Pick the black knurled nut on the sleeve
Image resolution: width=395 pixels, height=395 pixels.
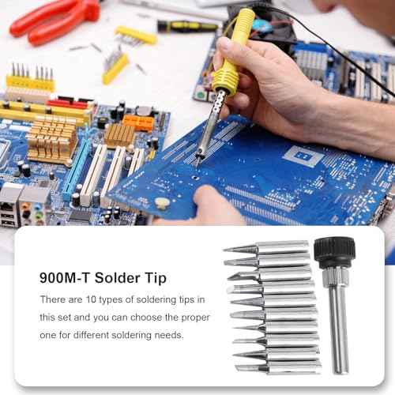[x=334, y=252]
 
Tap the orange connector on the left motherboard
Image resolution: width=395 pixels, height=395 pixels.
[x=137, y=122]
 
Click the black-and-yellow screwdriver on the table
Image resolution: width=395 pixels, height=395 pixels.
[x=190, y=26]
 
